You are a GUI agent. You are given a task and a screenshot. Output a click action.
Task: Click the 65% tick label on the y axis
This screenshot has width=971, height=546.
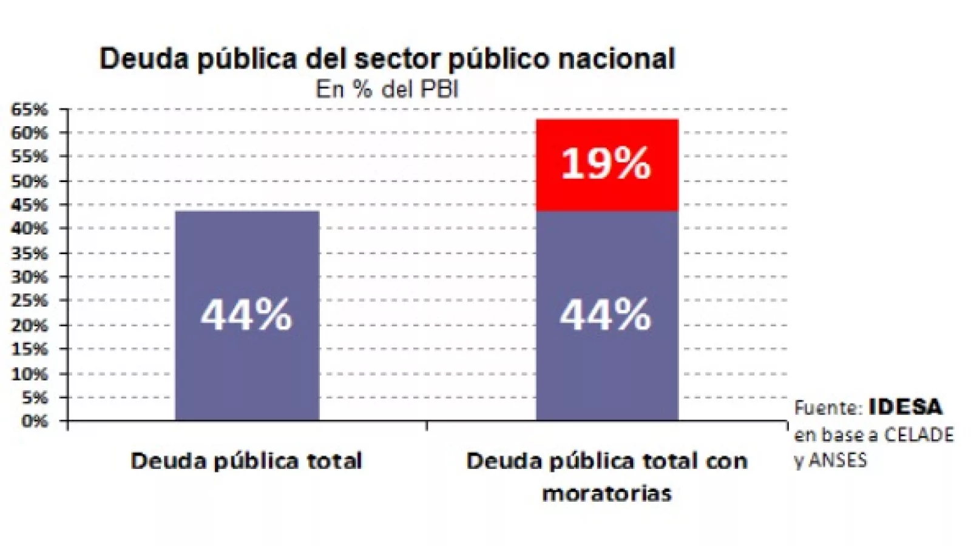[x=29, y=110]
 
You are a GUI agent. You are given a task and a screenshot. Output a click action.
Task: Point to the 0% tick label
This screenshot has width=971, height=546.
[x=34, y=421]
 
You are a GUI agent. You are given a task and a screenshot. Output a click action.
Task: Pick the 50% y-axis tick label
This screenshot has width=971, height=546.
[x=29, y=181]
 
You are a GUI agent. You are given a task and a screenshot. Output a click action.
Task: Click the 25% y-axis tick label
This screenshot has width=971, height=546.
[x=29, y=301]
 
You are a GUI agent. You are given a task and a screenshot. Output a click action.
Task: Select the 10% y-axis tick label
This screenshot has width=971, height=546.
[x=29, y=374]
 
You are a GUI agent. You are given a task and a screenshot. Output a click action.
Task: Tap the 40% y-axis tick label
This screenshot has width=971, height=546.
[x=29, y=229]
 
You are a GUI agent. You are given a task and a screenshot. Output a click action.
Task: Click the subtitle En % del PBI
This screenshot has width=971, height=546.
[x=387, y=90]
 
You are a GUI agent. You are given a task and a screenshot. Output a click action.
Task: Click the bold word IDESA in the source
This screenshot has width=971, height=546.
[x=905, y=407]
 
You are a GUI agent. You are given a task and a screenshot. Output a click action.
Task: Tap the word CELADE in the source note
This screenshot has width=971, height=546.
[x=919, y=435]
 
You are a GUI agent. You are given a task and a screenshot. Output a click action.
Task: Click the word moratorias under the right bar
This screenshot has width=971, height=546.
[x=607, y=493]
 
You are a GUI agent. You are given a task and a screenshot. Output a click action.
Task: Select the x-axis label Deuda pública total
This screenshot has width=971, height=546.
[x=246, y=461]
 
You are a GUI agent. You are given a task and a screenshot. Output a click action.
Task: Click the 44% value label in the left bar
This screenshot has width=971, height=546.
[x=246, y=315]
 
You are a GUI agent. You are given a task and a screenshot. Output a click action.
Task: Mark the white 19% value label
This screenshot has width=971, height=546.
[x=606, y=163]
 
